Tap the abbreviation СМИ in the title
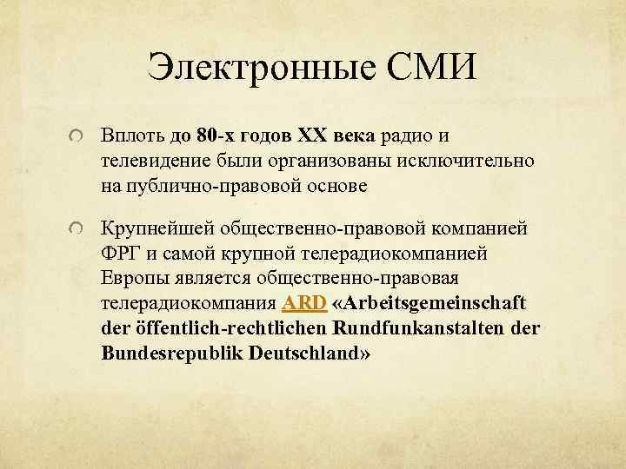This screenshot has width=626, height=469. (431, 69)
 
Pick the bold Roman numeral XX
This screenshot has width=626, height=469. (313, 137)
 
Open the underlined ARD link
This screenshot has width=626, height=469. (303, 304)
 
